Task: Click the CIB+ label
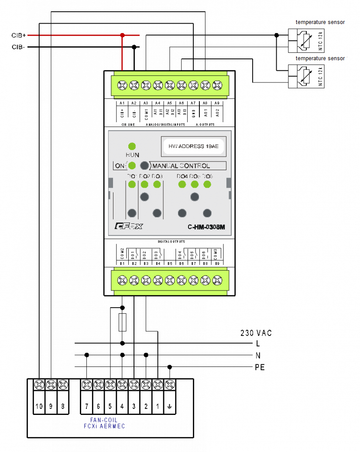(x=19, y=35)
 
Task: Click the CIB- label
(x=18, y=47)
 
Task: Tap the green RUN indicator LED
(x=132, y=146)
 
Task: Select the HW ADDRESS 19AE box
(x=193, y=147)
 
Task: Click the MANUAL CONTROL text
(x=181, y=166)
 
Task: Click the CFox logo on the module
(x=128, y=226)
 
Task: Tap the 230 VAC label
(x=256, y=333)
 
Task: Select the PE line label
(x=260, y=367)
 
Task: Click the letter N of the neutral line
(x=258, y=355)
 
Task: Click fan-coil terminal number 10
(x=39, y=406)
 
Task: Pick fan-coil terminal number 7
(x=86, y=406)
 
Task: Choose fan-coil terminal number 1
(x=158, y=406)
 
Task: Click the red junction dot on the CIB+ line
(x=123, y=35)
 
